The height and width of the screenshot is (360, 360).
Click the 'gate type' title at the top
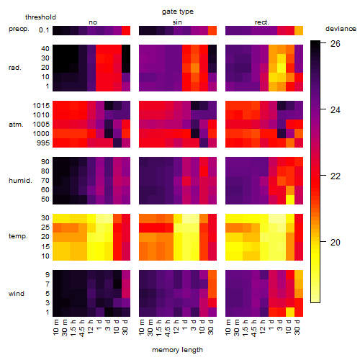tap(178, 12)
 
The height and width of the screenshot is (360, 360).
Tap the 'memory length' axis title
tap(177, 350)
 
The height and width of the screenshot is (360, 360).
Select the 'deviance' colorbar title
tap(341, 29)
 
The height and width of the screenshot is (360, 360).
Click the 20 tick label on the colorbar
tap(336, 243)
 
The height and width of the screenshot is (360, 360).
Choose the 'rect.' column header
tap(262, 22)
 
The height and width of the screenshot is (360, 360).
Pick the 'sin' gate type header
tap(177, 22)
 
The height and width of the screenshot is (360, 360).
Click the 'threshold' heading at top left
tap(40, 17)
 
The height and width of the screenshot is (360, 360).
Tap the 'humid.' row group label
tap(20, 181)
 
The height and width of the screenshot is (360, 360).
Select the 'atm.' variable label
tap(16, 125)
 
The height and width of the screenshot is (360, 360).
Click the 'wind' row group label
tap(17, 294)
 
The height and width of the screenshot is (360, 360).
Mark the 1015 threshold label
tap(41, 106)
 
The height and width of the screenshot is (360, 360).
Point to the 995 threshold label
tap(43, 143)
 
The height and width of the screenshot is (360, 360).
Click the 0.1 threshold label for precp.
tap(44, 30)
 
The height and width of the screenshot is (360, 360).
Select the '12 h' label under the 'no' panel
tap(91, 327)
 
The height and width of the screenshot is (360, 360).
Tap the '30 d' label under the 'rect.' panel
tap(297, 327)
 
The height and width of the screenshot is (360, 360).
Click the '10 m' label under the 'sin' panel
tap(142, 328)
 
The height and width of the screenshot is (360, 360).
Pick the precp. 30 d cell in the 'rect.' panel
tap(299, 30)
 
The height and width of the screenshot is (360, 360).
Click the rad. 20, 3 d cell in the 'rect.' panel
tap(282, 68)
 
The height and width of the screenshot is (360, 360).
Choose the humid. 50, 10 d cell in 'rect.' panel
tap(290, 199)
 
